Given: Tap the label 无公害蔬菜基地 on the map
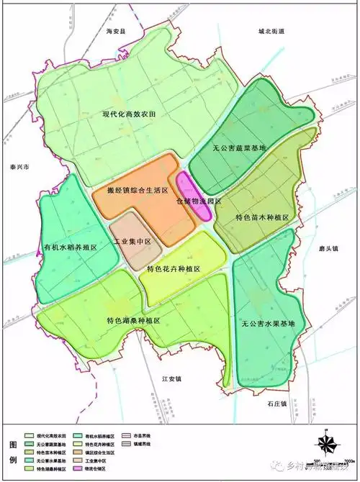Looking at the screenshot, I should (240, 148).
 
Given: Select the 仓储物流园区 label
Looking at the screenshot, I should (199, 202).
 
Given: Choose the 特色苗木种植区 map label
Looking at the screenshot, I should (262, 217).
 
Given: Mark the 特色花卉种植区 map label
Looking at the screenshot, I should (173, 268).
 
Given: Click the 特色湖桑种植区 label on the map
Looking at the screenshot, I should (132, 320).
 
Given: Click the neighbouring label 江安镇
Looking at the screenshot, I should (173, 378).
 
